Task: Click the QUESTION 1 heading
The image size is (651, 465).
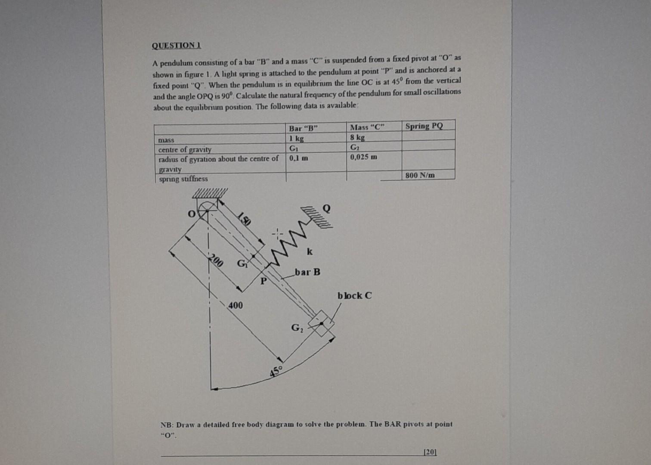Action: click(x=177, y=45)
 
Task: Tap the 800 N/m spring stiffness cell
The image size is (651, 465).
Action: click(x=420, y=175)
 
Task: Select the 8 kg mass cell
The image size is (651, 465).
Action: click(x=357, y=138)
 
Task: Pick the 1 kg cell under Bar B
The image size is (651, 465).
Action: click(x=296, y=139)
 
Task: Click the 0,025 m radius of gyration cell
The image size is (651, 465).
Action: click(x=363, y=157)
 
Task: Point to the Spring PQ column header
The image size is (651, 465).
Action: click(x=424, y=126)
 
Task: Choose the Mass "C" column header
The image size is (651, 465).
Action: click(x=367, y=127)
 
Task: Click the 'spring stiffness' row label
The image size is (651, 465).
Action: click(x=183, y=179)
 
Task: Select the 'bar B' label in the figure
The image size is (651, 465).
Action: click(x=307, y=272)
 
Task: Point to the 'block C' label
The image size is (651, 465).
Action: click(x=354, y=296)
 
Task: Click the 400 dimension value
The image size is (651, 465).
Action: click(x=235, y=305)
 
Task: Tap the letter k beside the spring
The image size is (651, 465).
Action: click(x=310, y=251)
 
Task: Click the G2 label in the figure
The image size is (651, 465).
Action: click(x=297, y=328)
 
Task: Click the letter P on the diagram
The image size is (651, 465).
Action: click(x=263, y=281)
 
